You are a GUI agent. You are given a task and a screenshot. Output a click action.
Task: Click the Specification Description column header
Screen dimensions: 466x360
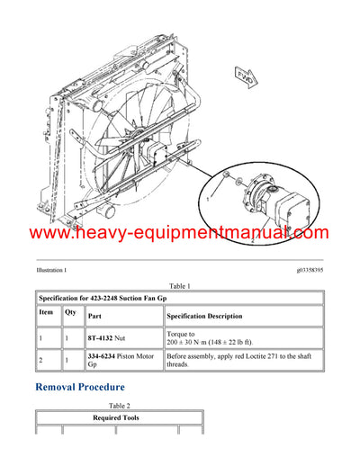click(204, 317)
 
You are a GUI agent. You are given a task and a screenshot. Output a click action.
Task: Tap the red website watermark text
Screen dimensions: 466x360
click(180, 234)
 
